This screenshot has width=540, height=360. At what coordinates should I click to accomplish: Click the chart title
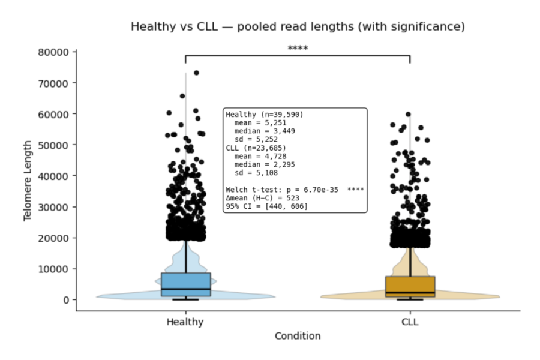pos(298,27)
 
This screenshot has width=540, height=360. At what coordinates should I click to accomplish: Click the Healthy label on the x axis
pos(185,322)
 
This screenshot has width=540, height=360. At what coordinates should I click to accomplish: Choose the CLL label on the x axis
pos(410,322)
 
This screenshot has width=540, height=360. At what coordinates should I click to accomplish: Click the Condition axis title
pos(298,336)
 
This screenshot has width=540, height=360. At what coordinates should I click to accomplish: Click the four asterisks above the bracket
pos(298,48)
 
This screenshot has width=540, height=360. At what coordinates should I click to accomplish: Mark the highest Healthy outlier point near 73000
pos(196,73)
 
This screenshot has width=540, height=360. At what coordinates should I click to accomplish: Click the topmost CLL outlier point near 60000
pos(408,114)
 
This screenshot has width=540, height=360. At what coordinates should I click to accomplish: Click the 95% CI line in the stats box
pos(266,206)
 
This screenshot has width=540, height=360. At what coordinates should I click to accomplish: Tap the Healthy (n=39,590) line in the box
pos(265,114)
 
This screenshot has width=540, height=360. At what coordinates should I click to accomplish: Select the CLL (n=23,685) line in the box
pos(256,148)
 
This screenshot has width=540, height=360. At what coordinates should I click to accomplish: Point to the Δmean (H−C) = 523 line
pos(262,198)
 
